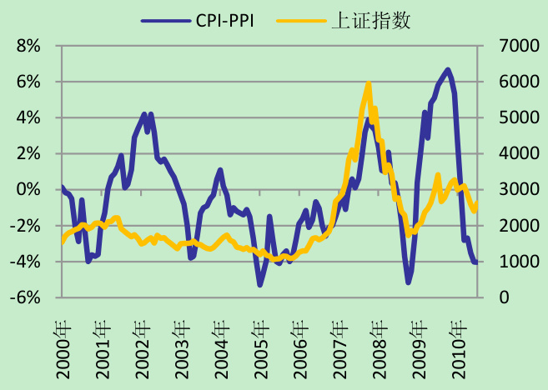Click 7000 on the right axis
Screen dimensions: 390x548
click(517, 46)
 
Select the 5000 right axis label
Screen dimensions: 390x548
click(517, 117)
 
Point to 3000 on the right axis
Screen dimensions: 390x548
click(517, 190)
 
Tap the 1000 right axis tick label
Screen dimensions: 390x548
click(517, 262)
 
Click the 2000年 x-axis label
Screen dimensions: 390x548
click(63, 346)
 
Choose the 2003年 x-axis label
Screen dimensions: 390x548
click(182, 346)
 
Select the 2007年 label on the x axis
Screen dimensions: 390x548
click(340, 346)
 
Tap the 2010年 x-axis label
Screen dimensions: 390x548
click(459, 346)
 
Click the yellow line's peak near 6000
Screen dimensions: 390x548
click(368, 84)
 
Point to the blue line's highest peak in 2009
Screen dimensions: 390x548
click(448, 70)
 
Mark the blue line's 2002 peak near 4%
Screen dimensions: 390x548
click(144, 114)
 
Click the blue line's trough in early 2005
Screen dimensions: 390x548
click(260, 284)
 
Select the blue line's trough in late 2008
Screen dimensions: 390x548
click(409, 282)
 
